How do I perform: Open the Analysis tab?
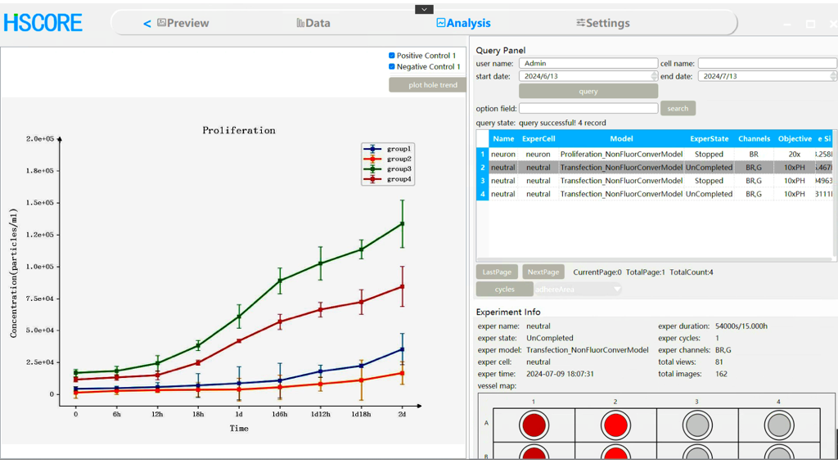(x=464, y=23)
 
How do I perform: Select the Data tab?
(x=313, y=23)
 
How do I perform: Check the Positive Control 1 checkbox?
(x=392, y=56)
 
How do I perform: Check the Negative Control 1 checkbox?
(x=392, y=66)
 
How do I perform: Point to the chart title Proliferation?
(x=239, y=130)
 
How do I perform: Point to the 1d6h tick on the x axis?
(x=280, y=414)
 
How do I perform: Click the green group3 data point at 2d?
(x=402, y=223)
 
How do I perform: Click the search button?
(x=678, y=108)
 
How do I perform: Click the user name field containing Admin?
(x=588, y=63)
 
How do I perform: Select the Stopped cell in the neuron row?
(x=709, y=154)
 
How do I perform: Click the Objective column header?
(x=795, y=139)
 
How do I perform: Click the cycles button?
(x=505, y=289)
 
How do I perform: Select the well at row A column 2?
(x=615, y=425)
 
